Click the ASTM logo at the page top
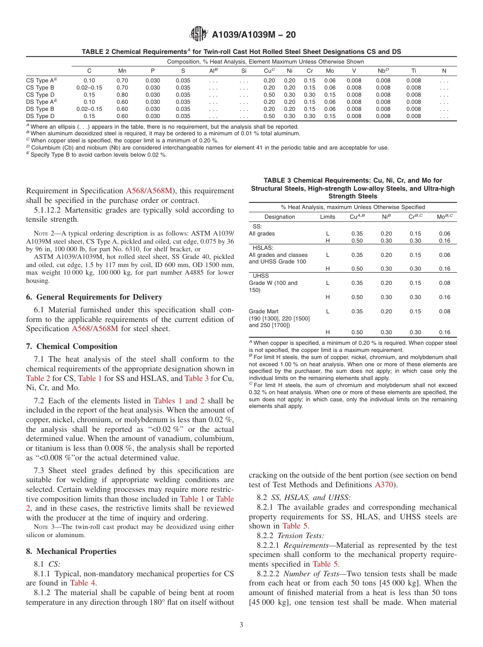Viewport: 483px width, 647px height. (x=198, y=34)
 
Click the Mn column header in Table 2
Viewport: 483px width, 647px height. (x=122, y=71)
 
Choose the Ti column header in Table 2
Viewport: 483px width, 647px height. (x=413, y=71)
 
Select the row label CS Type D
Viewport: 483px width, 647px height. (x=40, y=95)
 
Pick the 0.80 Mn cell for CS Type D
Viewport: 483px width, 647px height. (x=122, y=95)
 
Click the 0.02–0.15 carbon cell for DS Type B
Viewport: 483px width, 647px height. (x=89, y=109)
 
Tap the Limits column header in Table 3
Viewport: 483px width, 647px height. (x=327, y=217)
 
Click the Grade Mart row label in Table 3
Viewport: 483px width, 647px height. (x=263, y=311)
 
